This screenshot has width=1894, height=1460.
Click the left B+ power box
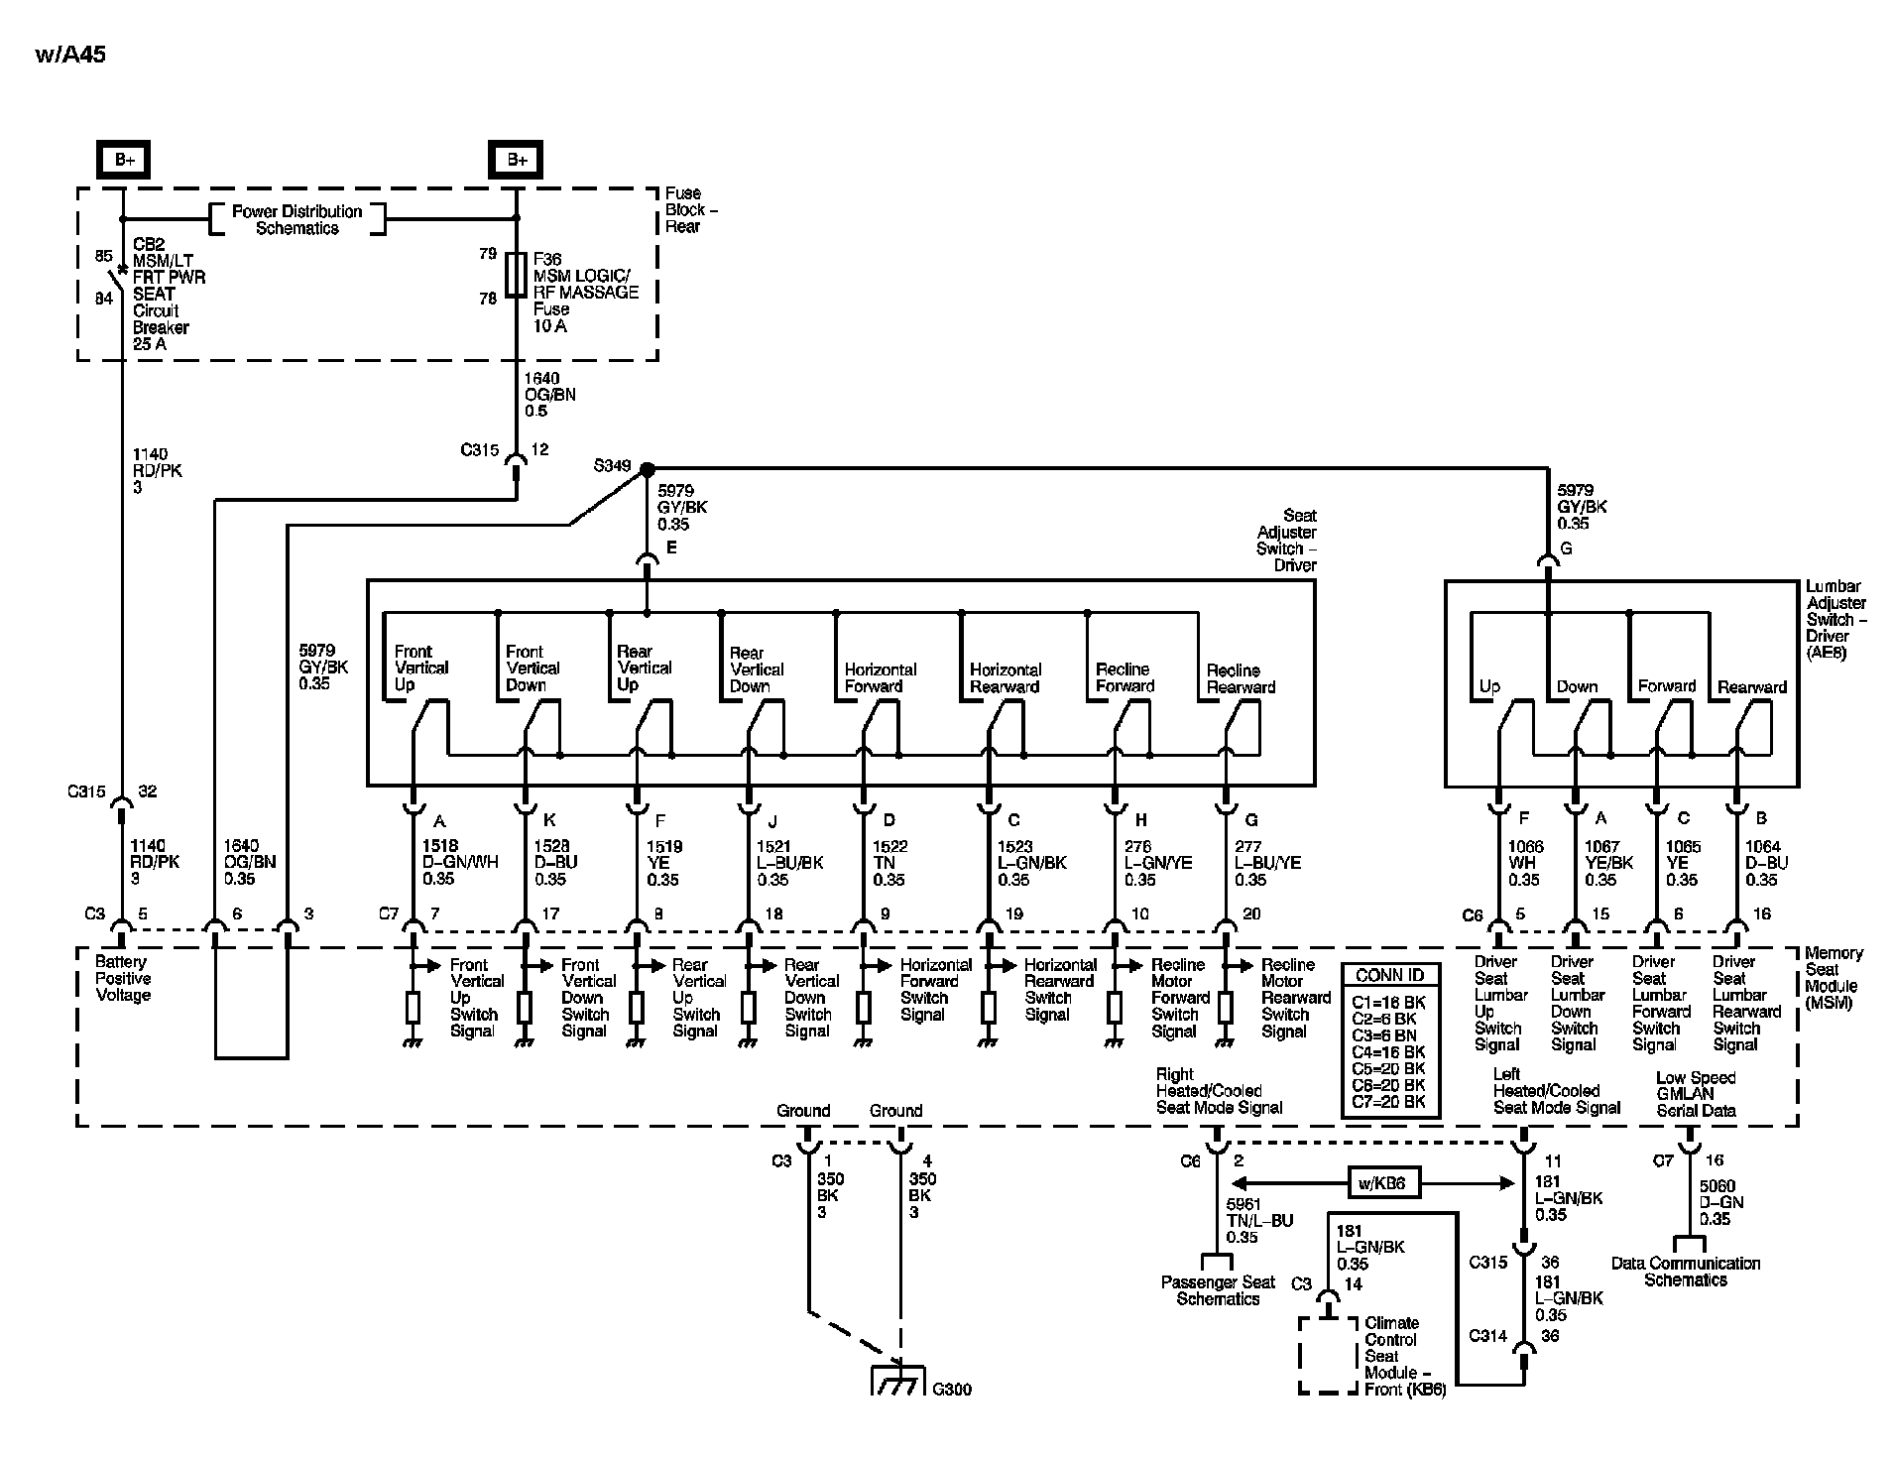coord(124,160)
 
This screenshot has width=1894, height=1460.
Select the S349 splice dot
coord(647,468)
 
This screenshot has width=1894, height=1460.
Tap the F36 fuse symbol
coord(516,274)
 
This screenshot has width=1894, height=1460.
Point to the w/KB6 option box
coord(1381,1182)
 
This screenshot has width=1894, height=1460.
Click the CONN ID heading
coord(1389,976)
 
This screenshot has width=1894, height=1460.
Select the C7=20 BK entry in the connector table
coord(1388,1102)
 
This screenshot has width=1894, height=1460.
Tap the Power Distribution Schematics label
coord(296,220)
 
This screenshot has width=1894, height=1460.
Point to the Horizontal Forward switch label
coord(880,678)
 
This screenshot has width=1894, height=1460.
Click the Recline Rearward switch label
coord(1241,678)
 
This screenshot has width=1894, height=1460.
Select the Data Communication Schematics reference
coord(1685,1272)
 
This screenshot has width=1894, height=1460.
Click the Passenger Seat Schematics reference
coord(1218,1290)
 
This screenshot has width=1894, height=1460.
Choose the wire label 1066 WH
coord(1525,863)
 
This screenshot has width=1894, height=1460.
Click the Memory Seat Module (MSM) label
coord(1834,978)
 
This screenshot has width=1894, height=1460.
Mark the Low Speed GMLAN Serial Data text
coord(1696,1094)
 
